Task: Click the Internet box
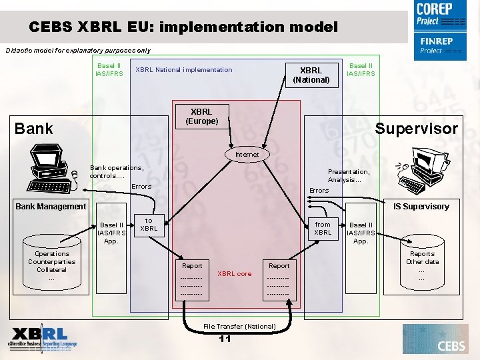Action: (247, 154)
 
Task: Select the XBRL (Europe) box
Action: (201, 116)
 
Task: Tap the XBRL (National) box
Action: (311, 75)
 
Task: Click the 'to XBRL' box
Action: (149, 224)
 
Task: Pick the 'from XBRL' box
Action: (323, 229)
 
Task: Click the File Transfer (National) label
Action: (239, 326)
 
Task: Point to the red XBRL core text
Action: (235, 273)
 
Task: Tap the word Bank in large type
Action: (33, 129)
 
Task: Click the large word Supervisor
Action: (417, 129)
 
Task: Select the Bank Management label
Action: (51, 207)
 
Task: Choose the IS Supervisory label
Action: (421, 207)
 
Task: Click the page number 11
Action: (225, 339)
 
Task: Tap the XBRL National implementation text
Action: (184, 70)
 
